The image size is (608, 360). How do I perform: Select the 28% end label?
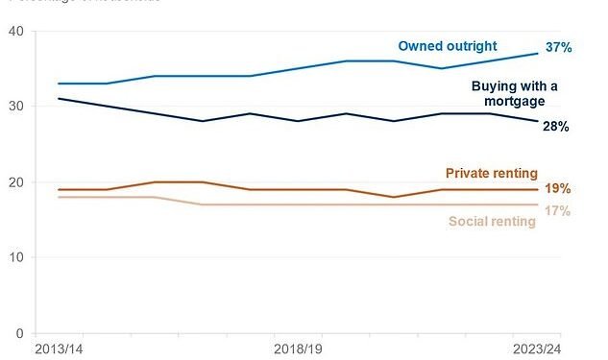point(556,126)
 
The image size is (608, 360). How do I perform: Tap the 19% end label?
point(556,189)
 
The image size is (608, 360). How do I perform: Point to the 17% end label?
point(556,210)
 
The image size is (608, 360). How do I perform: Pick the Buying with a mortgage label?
point(508,93)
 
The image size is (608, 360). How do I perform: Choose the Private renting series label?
point(492,173)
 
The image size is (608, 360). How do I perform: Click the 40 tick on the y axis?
point(15,31)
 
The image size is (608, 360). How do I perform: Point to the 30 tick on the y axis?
point(15,107)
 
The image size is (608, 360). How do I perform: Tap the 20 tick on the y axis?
point(15,182)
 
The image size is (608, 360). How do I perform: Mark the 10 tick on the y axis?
point(15,258)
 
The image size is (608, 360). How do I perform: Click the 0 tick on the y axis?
point(19,334)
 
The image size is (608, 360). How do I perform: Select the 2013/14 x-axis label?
point(59,348)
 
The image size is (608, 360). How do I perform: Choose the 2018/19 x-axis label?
point(298,348)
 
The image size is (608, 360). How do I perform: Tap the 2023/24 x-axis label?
point(537,348)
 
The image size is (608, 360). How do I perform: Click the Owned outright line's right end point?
point(538,53)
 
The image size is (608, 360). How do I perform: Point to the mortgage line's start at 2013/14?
point(59,99)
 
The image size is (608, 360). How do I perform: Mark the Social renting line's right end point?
point(538,204)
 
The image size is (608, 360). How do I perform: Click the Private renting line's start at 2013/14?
point(59,189)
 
